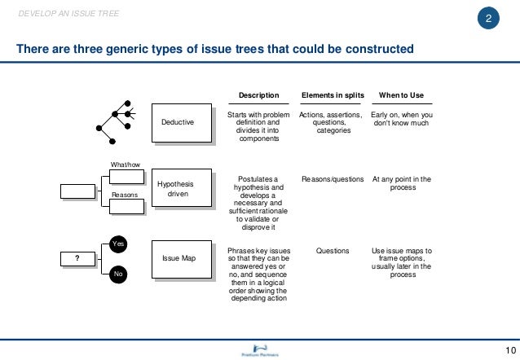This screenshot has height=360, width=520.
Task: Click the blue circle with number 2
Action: point(487,20)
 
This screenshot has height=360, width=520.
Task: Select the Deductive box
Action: point(178,121)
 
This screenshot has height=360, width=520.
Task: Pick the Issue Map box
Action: point(178,258)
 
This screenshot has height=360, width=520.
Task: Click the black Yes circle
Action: point(118,243)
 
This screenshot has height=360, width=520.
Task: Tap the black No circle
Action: point(118,275)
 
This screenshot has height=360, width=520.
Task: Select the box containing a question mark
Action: point(77,258)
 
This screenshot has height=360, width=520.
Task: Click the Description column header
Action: point(258,95)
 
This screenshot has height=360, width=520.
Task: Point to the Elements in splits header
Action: point(333,95)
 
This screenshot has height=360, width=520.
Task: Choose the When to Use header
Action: point(401,95)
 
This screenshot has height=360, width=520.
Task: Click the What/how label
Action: point(126,165)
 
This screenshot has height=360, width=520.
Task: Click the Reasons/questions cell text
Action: point(333,178)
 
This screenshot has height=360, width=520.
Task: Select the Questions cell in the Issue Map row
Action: point(333,251)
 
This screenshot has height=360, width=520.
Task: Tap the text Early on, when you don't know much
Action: point(401,121)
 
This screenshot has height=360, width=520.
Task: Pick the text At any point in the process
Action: point(401,183)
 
